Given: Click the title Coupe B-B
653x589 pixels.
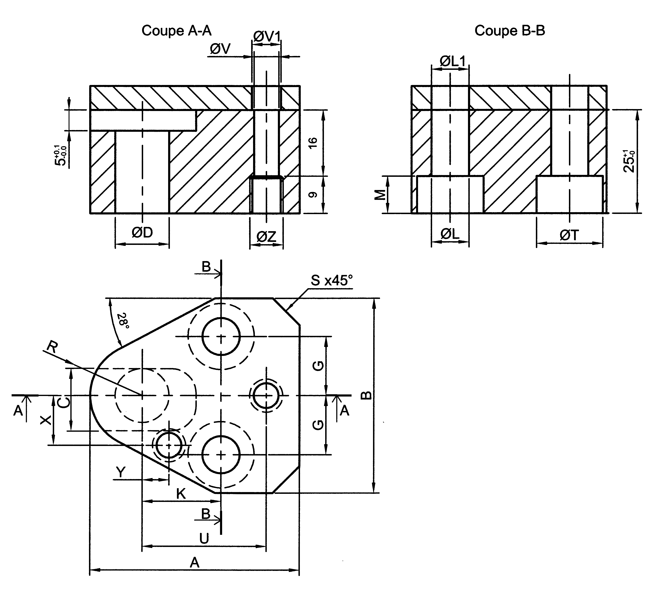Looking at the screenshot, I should pos(510,31).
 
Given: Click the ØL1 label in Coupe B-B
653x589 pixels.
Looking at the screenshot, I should pos(452,62).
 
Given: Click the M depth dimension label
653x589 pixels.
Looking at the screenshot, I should pos(380,195).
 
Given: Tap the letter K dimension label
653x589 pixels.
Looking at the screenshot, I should pos(181,494).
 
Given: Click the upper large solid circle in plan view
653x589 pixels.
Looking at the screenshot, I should pos(221,336).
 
